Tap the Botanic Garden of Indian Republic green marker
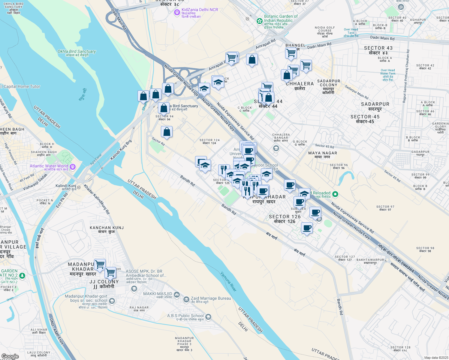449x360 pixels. [260, 21]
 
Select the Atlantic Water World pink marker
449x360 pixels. [72, 166]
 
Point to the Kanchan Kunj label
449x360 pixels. [107, 229]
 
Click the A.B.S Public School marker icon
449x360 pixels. [208, 317]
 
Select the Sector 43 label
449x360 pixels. [378, 50]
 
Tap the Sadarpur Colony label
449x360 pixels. [329, 87]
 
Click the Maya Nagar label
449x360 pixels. [323, 155]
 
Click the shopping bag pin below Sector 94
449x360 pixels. [167, 132]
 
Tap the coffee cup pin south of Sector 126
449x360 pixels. [307, 228]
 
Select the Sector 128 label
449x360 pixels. [400, 349]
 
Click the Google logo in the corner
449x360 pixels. [10, 356]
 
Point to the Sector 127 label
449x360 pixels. [345, 258]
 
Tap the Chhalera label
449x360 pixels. [300, 86]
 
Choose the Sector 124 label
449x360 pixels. [209, 142]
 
